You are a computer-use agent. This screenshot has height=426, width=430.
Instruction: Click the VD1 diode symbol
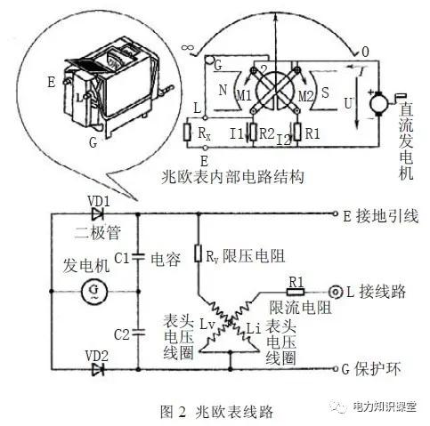[x=98, y=213]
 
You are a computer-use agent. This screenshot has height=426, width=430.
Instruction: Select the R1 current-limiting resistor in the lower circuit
[x=294, y=290]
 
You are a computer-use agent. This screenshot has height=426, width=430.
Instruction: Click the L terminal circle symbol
[x=336, y=291]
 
